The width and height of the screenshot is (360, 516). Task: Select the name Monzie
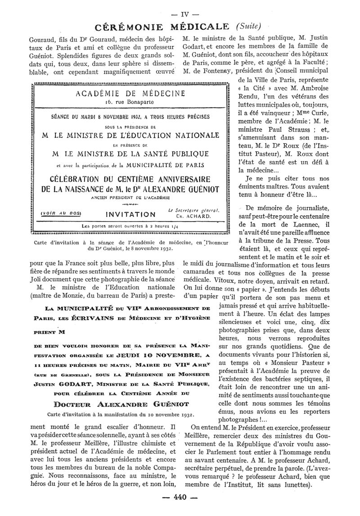pyautogui.click(x=84, y=295)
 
